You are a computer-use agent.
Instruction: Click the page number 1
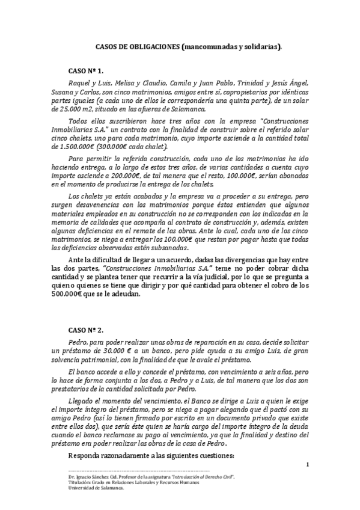click(307, 464)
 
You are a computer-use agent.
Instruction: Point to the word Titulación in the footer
click(80, 483)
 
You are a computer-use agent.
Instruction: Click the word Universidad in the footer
click(82, 488)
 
